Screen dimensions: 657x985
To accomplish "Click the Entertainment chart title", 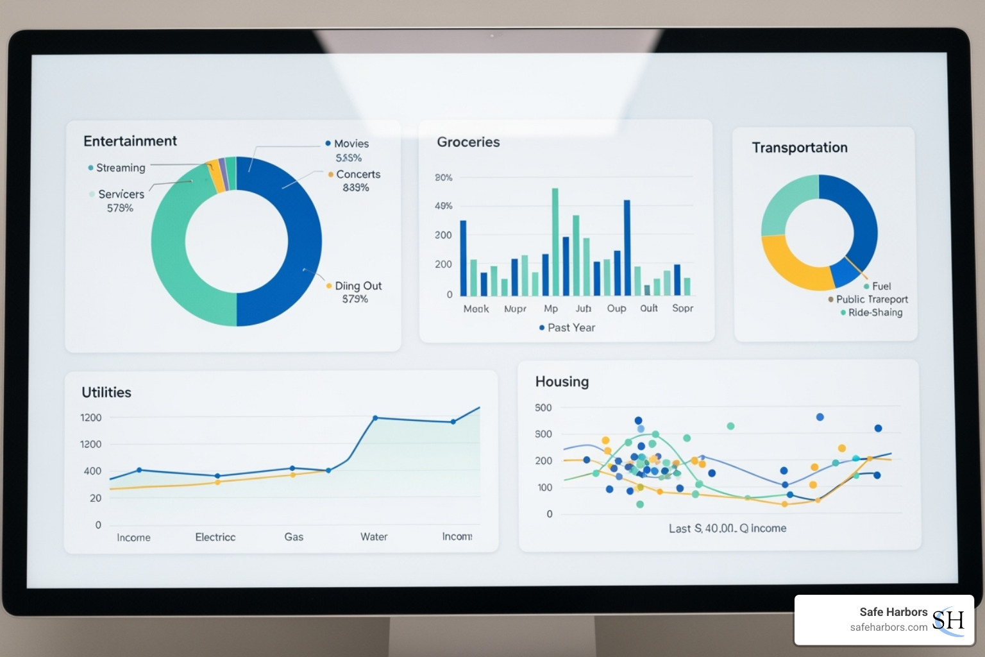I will (130, 141).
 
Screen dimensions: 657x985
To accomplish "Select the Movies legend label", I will (351, 144).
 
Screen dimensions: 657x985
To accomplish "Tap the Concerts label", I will (358, 175).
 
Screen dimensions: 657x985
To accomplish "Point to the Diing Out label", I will (358, 286).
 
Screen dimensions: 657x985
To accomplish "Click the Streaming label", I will (121, 168).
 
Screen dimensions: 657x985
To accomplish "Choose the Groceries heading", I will (468, 142).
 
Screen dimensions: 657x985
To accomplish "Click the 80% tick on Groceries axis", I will (444, 178).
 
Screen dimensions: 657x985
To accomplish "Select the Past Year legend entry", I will (571, 328).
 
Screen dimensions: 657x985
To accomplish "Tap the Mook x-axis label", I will (476, 309).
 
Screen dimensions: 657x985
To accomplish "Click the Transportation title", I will (800, 148).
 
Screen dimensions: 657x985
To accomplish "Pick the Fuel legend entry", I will (881, 286).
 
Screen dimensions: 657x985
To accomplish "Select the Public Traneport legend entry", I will (871, 300).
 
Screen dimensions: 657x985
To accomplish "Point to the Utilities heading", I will (106, 393).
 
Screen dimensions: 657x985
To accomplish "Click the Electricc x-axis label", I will (215, 537).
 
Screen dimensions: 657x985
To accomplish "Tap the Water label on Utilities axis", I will (374, 537).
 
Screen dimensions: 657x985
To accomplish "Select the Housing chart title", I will (562, 382).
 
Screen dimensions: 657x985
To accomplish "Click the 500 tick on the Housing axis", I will (543, 408).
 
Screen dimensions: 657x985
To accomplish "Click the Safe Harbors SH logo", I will (948, 620).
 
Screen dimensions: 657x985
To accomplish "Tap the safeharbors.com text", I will (888, 627).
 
